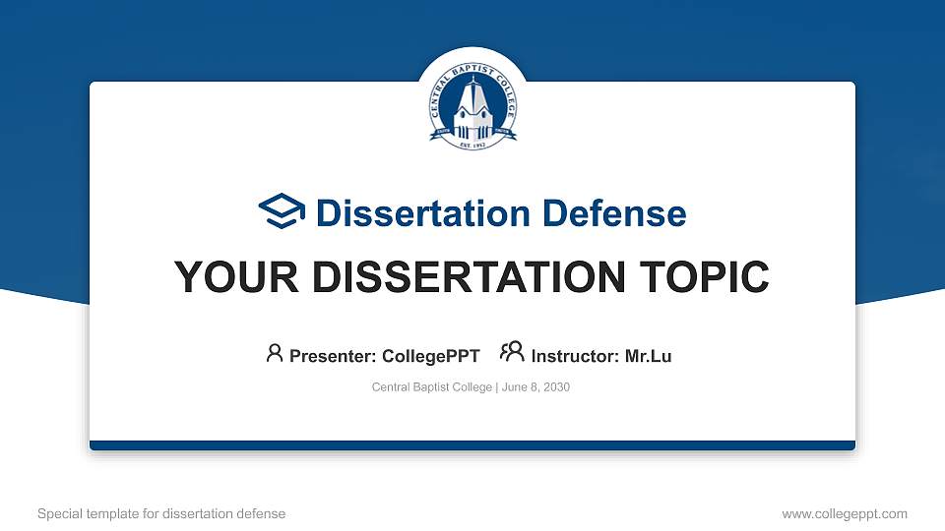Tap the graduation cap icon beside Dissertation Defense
tap(282, 211)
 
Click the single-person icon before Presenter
tap(275, 353)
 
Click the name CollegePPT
tap(429, 356)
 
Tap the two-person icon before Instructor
tap(512, 353)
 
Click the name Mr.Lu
tap(648, 356)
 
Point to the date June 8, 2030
tap(535, 387)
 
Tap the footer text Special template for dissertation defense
tap(161, 513)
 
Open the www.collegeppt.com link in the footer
tap(845, 513)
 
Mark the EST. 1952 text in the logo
tap(472, 144)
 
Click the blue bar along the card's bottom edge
tap(472, 445)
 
